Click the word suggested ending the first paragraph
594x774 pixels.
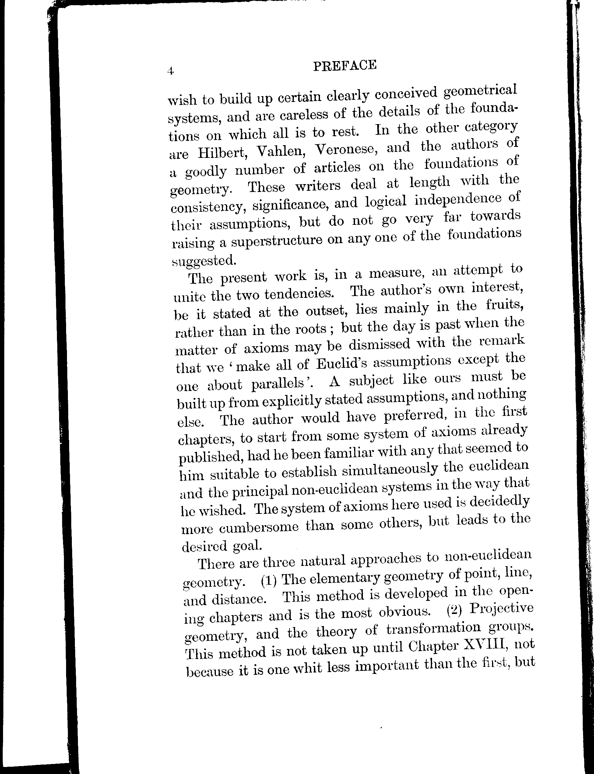[203, 261]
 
